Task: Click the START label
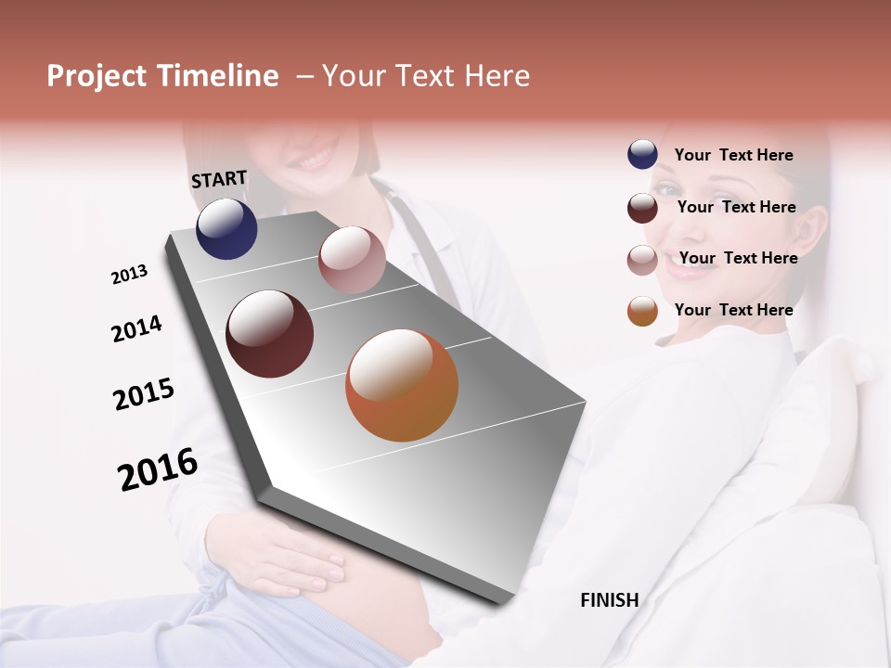pos(219,179)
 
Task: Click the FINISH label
pos(609,600)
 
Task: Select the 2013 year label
pos(129,275)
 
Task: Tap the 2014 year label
pos(136,328)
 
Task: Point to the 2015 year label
pos(144,393)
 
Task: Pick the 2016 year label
pos(158,469)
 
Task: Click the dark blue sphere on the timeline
pos(226,229)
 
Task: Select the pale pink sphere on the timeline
pos(352,260)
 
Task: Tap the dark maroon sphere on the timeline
pos(270,334)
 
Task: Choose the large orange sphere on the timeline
pos(402,385)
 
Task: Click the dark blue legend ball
pos(642,155)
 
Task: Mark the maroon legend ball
pos(642,208)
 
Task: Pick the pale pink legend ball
pos(642,260)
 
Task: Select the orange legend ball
pos(642,312)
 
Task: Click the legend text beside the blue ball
pos(733,156)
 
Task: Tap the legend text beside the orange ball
pos(733,310)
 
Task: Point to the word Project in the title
pos(97,76)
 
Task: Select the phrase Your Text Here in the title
pos(426,76)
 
